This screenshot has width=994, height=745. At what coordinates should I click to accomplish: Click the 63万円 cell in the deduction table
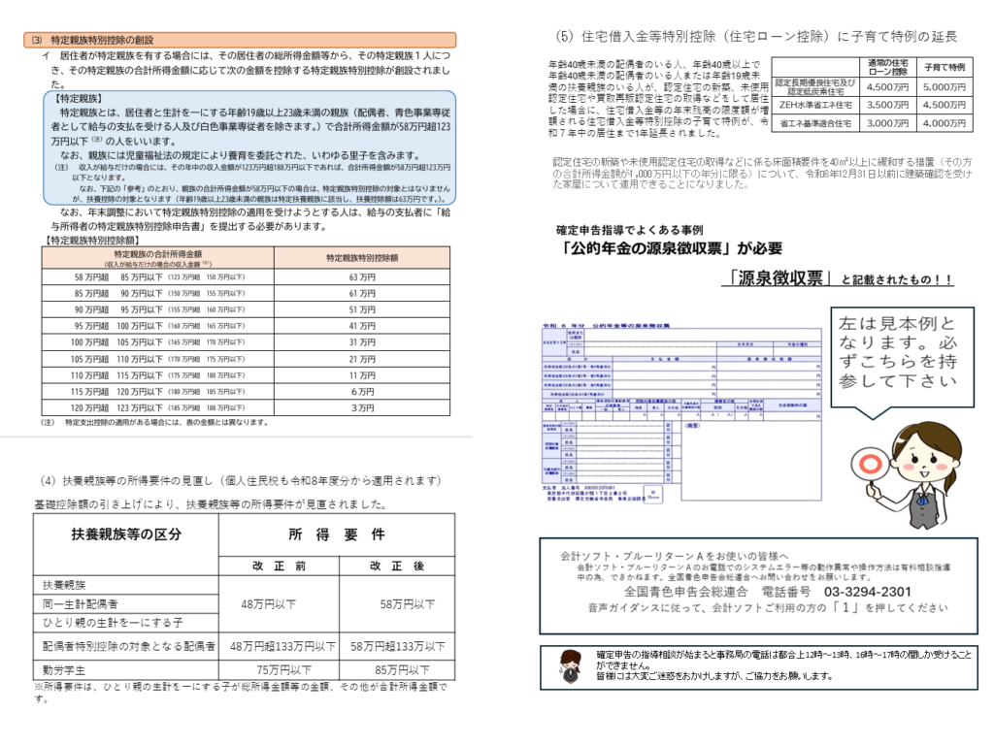(x=361, y=277)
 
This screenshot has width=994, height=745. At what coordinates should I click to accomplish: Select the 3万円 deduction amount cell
(x=361, y=408)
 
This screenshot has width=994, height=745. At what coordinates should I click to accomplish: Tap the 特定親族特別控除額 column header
(x=361, y=257)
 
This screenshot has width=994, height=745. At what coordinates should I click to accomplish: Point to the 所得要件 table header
(x=336, y=534)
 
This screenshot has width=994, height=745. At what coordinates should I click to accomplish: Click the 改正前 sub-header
(x=279, y=565)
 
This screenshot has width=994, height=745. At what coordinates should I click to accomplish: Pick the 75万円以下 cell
(x=279, y=669)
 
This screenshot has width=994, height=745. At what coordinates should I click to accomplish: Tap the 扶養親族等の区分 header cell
(x=126, y=534)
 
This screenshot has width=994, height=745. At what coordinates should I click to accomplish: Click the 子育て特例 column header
(x=944, y=68)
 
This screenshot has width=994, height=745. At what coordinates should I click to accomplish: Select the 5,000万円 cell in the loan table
(x=944, y=86)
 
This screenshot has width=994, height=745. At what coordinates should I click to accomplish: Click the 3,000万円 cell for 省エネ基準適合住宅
(x=886, y=123)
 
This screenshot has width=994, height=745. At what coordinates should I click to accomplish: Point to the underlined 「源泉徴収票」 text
(x=779, y=278)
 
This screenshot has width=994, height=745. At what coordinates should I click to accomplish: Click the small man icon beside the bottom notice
(x=570, y=665)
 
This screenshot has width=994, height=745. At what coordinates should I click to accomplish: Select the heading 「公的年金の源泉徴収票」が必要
(x=671, y=249)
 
